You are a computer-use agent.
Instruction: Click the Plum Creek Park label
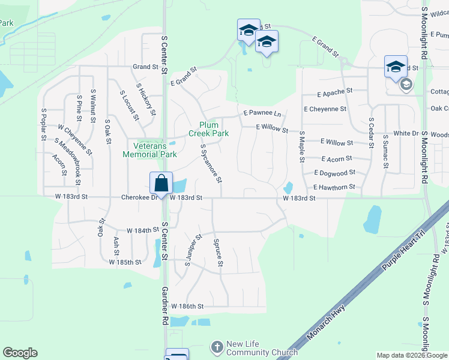point(208,128)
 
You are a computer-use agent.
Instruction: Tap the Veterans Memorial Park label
point(149,149)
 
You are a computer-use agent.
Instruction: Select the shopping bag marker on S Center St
point(161,183)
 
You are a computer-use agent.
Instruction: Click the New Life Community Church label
point(261,347)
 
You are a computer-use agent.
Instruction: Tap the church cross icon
point(217,347)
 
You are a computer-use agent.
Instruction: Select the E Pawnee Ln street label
point(262,113)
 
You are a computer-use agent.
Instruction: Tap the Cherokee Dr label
point(139,197)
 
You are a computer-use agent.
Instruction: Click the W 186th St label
point(189,306)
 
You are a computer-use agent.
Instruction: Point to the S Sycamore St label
point(211,163)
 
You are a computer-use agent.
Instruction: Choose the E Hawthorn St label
point(334,187)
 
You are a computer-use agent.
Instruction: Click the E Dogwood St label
point(338,173)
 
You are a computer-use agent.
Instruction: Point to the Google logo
point(20,353)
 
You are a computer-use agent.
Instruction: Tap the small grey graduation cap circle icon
point(406,85)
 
